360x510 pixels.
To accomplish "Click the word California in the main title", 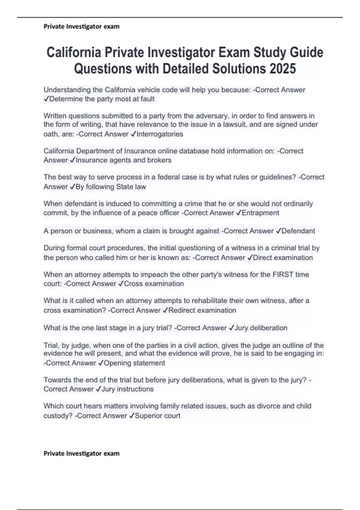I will coord(73,52).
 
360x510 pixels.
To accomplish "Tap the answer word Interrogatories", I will coord(160,134).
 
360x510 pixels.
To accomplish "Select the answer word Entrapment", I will coord(260,213).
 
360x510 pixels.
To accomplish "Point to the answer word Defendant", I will coord(298,231).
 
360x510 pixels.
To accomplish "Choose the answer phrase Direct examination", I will coord(283,258).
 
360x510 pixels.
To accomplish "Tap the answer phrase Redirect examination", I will coord(202,310).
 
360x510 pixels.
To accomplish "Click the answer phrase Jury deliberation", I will coord(261,328).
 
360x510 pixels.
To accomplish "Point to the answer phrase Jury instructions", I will coord(127,389).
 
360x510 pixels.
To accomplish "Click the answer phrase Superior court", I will coord(157,416).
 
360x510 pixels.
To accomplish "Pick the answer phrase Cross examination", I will coord(154,284).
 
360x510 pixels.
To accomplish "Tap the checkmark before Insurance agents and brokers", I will coord(72,160).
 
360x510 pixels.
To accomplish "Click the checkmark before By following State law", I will coord(72,187).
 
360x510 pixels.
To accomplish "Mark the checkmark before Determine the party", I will coord(46,99).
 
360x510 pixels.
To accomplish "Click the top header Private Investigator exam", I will coord(81,26).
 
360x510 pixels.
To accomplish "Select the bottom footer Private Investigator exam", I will coord(81,453).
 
